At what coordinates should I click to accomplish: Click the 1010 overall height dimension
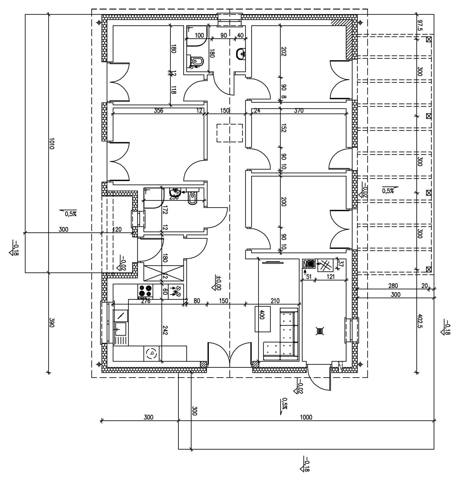click(52, 144)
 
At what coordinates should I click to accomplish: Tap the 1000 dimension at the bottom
click(306, 417)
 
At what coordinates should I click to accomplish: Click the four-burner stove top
click(145, 291)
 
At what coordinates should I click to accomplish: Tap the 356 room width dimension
click(158, 111)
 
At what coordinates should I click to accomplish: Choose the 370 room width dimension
click(299, 111)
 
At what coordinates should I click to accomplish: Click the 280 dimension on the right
click(393, 286)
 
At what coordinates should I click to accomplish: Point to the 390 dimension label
click(52, 322)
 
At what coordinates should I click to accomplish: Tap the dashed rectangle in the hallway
click(229, 133)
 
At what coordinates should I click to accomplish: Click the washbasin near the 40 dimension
click(241, 54)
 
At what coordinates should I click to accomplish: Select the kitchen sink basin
click(120, 329)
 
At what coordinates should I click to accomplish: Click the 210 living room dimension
click(275, 301)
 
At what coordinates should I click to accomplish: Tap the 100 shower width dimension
click(199, 36)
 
